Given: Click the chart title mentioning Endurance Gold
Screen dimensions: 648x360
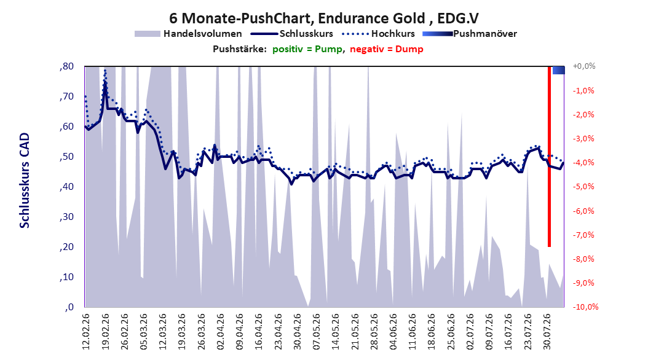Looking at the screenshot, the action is (x=323, y=18).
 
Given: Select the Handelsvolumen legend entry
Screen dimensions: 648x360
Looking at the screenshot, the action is (x=188, y=34).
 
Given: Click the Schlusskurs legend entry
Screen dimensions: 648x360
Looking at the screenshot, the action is (x=292, y=34).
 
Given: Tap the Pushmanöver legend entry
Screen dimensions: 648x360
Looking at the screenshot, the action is (x=470, y=34).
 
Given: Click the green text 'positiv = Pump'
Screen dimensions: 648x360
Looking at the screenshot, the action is (x=307, y=49).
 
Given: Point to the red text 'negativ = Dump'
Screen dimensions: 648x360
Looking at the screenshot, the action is (x=387, y=49).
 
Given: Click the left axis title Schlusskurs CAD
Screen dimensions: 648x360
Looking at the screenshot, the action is (x=25, y=181).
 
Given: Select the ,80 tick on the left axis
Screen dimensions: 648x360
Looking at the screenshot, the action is (x=66, y=66).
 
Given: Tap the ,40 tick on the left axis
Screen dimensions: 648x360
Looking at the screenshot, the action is (x=66, y=187).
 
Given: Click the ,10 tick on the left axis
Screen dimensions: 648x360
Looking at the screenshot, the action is (x=66, y=277).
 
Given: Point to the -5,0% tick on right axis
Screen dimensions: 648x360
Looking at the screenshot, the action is (x=583, y=187).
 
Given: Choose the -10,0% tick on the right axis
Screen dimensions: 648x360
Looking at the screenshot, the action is (x=585, y=307).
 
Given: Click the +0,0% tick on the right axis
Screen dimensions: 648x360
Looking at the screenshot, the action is (x=584, y=66).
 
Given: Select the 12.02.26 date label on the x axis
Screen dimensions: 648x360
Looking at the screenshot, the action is (x=86, y=332).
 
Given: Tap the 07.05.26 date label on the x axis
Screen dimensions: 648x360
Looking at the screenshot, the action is (x=317, y=332).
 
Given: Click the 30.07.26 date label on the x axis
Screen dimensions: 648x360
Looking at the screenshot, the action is (x=547, y=332).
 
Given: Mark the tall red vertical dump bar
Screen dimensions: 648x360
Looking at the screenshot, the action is (x=549, y=157).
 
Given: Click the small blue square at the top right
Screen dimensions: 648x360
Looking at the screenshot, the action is (x=559, y=70).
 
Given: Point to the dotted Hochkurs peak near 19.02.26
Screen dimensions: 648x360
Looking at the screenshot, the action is (x=105, y=71).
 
